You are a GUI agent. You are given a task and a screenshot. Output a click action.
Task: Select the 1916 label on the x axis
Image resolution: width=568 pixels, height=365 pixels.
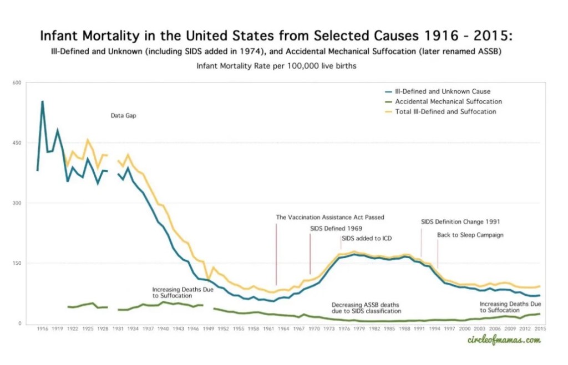click(x=42, y=329)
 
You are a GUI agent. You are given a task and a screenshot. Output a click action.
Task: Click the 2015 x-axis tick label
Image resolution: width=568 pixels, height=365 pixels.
click(x=535, y=329)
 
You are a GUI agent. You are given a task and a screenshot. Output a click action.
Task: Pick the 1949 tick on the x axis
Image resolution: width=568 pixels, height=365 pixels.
click(x=209, y=329)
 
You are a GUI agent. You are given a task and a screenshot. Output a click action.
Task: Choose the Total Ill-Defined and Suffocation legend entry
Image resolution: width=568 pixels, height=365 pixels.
click(x=445, y=111)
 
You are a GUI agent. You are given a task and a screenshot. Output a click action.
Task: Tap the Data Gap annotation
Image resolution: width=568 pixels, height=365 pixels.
click(x=123, y=116)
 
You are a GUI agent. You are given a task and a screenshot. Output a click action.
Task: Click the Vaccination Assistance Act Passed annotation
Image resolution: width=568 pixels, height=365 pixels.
click(x=330, y=217)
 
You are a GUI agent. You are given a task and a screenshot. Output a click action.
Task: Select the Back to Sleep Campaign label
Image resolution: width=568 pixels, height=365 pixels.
click(x=470, y=235)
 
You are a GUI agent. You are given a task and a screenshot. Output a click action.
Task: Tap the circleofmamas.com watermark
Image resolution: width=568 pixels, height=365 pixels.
click(x=503, y=340)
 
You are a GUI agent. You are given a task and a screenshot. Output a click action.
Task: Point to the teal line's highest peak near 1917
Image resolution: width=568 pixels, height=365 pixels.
click(x=43, y=101)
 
